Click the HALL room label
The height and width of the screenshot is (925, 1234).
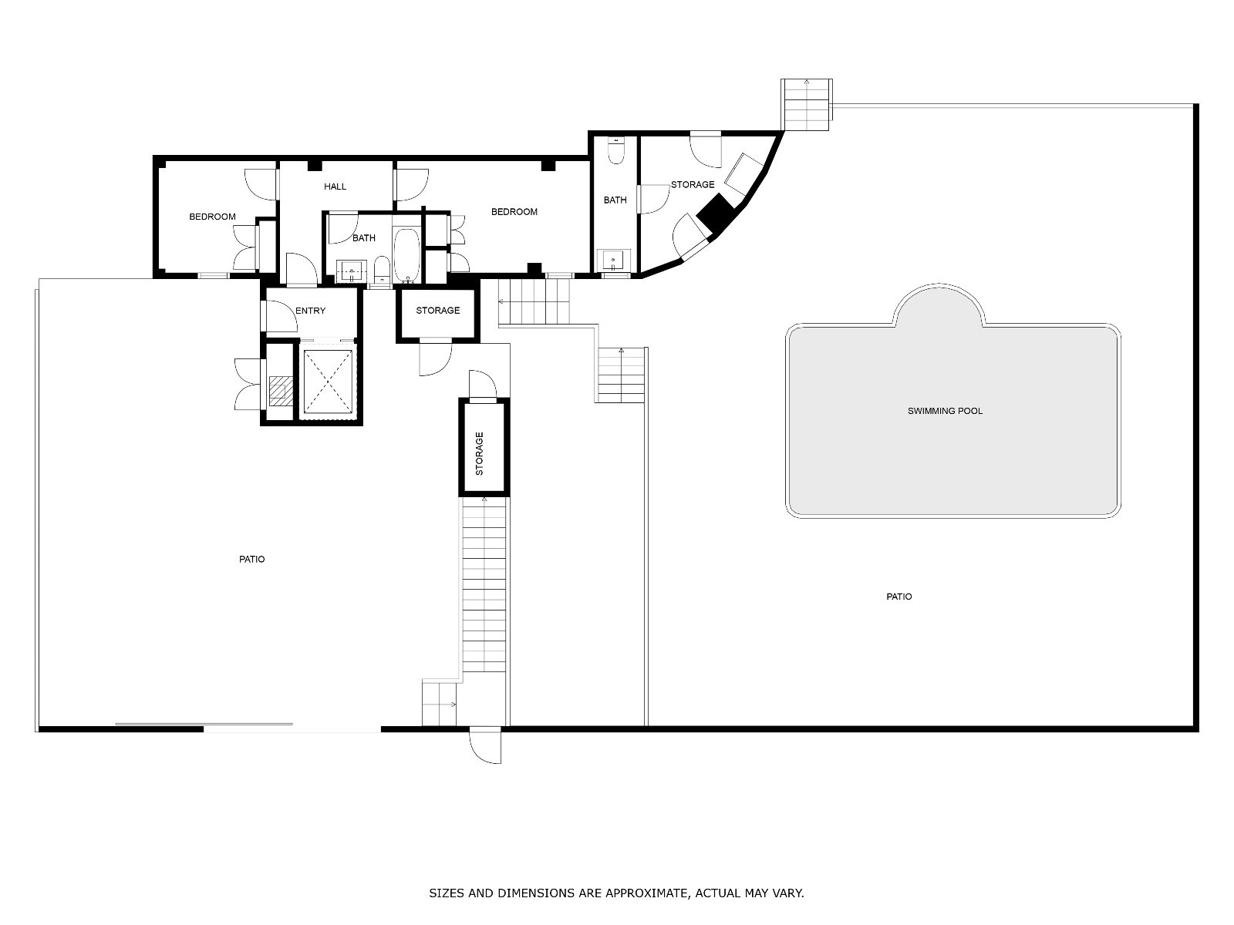(335, 187)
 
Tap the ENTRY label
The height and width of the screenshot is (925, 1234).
(310, 311)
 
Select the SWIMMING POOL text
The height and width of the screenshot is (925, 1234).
(945, 411)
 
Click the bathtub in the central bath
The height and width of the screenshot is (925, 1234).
(406, 254)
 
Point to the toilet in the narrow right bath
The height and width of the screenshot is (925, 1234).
(617, 150)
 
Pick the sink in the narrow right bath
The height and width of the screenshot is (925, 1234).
(613, 260)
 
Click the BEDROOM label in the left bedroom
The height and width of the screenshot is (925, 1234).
(213, 217)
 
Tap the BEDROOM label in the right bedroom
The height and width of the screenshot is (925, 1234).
(514, 212)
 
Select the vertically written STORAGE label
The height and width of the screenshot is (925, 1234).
(480, 454)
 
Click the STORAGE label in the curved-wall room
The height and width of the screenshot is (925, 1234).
(693, 185)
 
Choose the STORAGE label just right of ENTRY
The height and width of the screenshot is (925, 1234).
(438, 311)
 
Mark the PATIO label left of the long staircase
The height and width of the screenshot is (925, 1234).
(252, 560)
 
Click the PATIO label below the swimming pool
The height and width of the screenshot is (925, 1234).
(899, 597)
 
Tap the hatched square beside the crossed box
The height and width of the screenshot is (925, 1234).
(281, 391)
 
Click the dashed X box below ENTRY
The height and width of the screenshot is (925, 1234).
(328, 382)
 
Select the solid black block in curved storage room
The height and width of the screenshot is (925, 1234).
(716, 212)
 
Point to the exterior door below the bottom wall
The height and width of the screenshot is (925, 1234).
(484, 745)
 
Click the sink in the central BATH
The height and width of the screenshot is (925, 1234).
(352, 270)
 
